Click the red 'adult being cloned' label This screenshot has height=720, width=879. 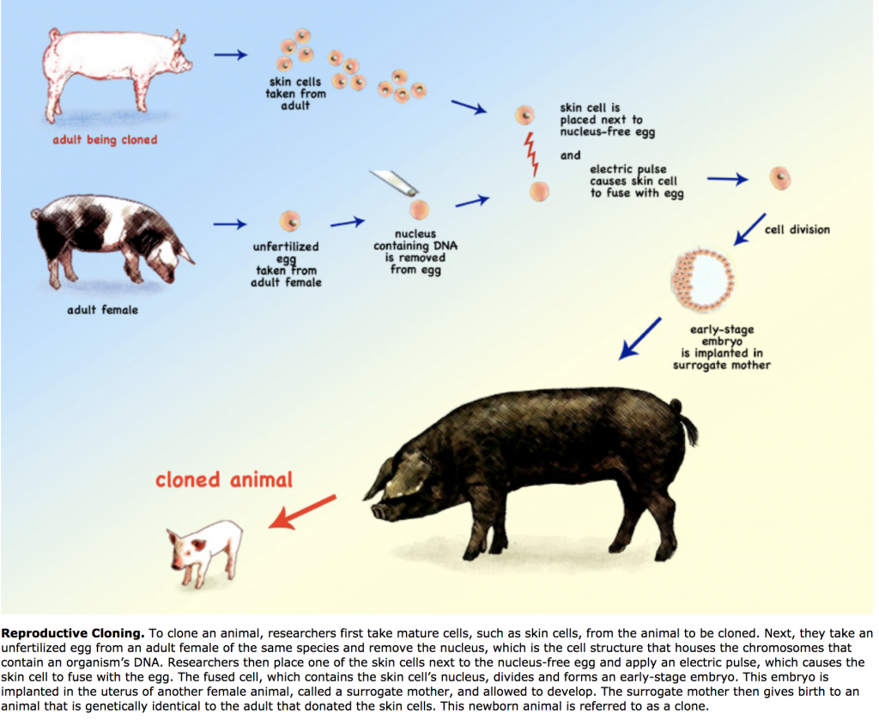pyautogui.click(x=105, y=140)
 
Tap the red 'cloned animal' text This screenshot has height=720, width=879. pyautogui.click(x=224, y=479)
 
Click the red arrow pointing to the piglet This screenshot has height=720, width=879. pyautogui.click(x=302, y=512)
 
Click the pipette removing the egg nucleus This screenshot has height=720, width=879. pyautogui.click(x=393, y=183)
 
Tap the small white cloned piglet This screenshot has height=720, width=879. pyautogui.click(x=204, y=552)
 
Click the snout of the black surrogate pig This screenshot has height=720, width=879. pyautogui.click(x=379, y=511)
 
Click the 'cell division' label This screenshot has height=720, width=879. pyautogui.click(x=797, y=229)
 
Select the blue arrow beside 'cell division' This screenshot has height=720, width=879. pyautogui.click(x=749, y=229)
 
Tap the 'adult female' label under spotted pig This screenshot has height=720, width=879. pyautogui.click(x=103, y=310)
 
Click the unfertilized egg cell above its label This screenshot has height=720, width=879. pyautogui.click(x=290, y=221)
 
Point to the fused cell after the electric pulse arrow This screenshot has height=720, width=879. pyautogui.click(x=779, y=179)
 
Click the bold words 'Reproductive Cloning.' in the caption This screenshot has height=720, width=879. pyautogui.click(x=73, y=633)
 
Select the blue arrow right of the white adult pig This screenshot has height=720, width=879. pyautogui.click(x=230, y=55)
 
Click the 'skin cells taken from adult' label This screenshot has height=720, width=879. pyautogui.click(x=295, y=94)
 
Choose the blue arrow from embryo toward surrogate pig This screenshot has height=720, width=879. pyautogui.click(x=640, y=339)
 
